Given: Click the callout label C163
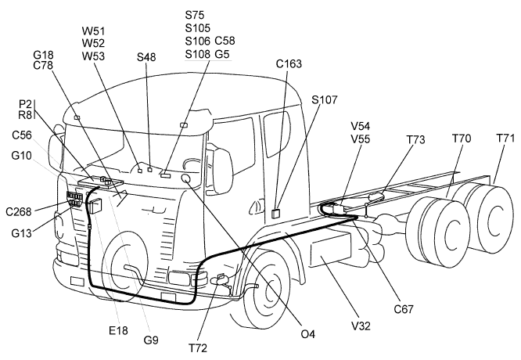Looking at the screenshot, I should [289, 63].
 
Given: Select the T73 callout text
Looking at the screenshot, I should [415, 139].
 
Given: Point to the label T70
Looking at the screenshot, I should [462, 139].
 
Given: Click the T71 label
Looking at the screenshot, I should [506, 139].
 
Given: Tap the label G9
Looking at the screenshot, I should [151, 340].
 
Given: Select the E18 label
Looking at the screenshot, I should [118, 331].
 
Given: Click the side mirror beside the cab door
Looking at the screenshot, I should [222, 166].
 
